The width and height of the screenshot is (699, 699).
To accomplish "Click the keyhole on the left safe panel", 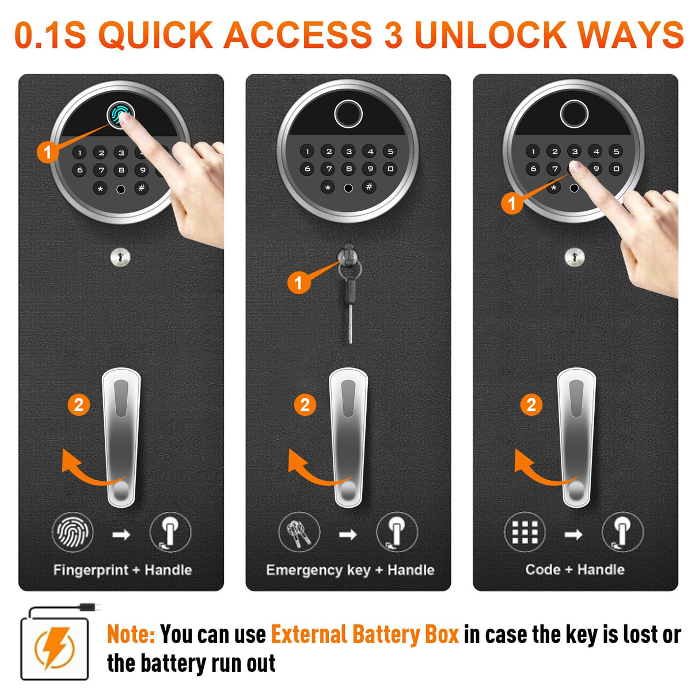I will coord(120,257).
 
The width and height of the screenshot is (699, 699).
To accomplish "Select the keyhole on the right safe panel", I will coord(574,257).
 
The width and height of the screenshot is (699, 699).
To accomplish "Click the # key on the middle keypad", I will coord(369,187).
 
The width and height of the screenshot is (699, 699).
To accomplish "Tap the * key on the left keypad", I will coord(100,188).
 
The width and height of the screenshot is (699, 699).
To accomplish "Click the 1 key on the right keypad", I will coord(533,151).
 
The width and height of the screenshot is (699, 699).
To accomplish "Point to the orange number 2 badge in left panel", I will coord(79,405).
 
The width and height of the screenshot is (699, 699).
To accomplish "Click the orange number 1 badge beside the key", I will coord(298,282).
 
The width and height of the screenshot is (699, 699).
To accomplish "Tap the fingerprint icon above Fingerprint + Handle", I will coord(73,533).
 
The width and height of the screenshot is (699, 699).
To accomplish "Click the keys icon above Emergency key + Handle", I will coord(299,533).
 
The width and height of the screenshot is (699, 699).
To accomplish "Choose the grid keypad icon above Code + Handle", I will coord(525,533).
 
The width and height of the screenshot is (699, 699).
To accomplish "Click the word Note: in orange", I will coord(131,635).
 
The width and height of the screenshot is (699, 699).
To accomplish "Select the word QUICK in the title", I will coord(155,36).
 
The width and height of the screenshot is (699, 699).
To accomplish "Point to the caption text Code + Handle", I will coord(575,569).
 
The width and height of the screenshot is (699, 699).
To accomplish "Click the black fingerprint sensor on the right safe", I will coord(575,113).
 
